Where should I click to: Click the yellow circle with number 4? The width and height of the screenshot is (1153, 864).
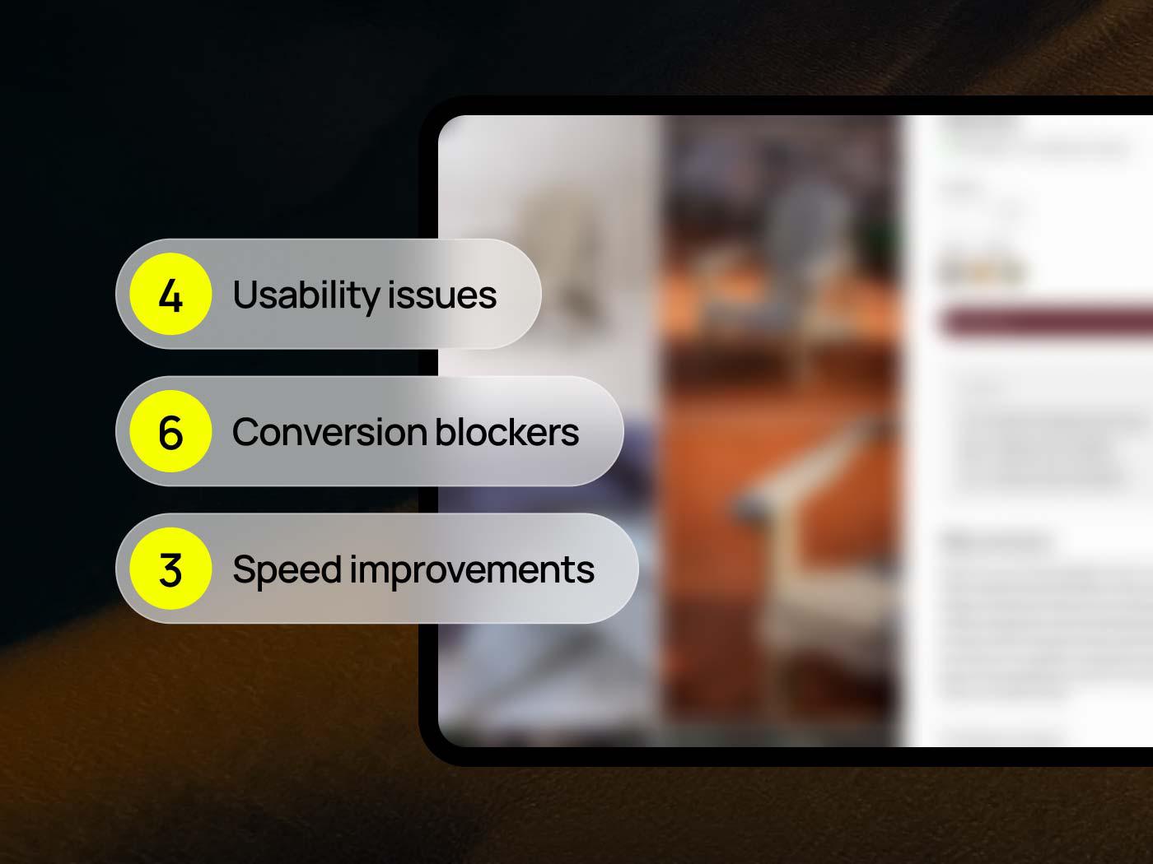[x=171, y=294]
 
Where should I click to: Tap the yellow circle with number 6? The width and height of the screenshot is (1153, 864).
[x=171, y=431]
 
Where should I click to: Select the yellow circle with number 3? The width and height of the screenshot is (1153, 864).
[x=171, y=569]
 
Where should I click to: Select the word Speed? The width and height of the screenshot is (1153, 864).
[x=287, y=570]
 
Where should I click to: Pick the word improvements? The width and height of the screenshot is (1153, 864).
[x=472, y=570]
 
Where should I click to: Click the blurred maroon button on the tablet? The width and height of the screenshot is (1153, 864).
[x=1046, y=321]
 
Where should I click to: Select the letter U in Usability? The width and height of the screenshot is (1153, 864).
[x=245, y=295]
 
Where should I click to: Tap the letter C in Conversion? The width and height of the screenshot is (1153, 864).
[x=246, y=433]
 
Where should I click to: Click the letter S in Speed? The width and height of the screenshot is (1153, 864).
[x=244, y=569]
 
